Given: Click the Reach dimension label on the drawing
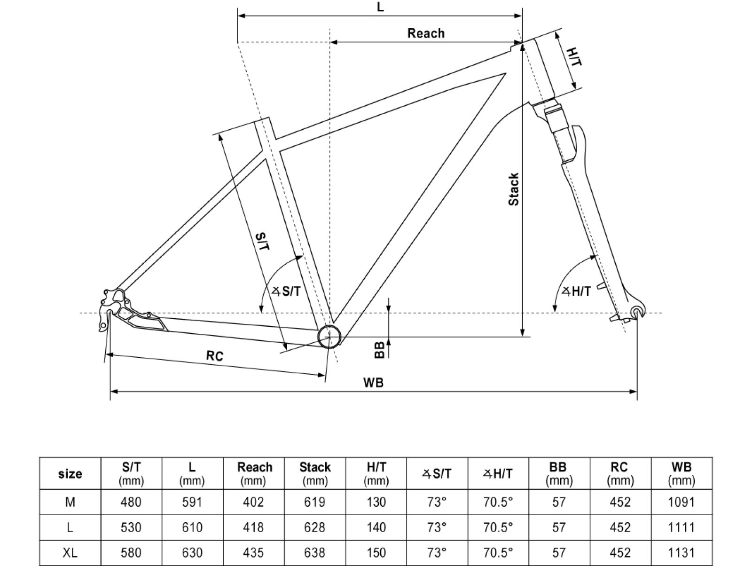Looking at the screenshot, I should (426, 33).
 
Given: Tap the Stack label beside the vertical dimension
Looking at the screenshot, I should (514, 189).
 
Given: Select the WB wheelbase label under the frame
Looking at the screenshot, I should (373, 383).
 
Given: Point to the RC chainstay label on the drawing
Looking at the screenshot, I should (214, 356).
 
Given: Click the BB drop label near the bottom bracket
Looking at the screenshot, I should (380, 349).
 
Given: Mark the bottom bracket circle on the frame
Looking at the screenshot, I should (329, 336).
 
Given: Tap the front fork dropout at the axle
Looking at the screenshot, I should (636, 312).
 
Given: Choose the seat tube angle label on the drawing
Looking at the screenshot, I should (287, 291).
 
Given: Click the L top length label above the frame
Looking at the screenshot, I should (380, 8).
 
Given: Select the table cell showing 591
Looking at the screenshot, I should (192, 503).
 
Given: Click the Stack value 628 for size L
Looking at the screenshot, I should (314, 527).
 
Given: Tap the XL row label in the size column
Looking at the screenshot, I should (70, 553).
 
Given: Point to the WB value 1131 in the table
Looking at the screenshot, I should (681, 553).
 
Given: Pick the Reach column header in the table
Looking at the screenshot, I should (254, 473).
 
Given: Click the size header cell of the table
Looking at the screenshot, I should (70, 474).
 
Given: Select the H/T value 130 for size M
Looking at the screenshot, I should (376, 503).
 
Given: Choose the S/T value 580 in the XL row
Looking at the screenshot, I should (131, 553).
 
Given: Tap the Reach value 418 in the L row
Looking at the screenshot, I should (253, 527).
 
